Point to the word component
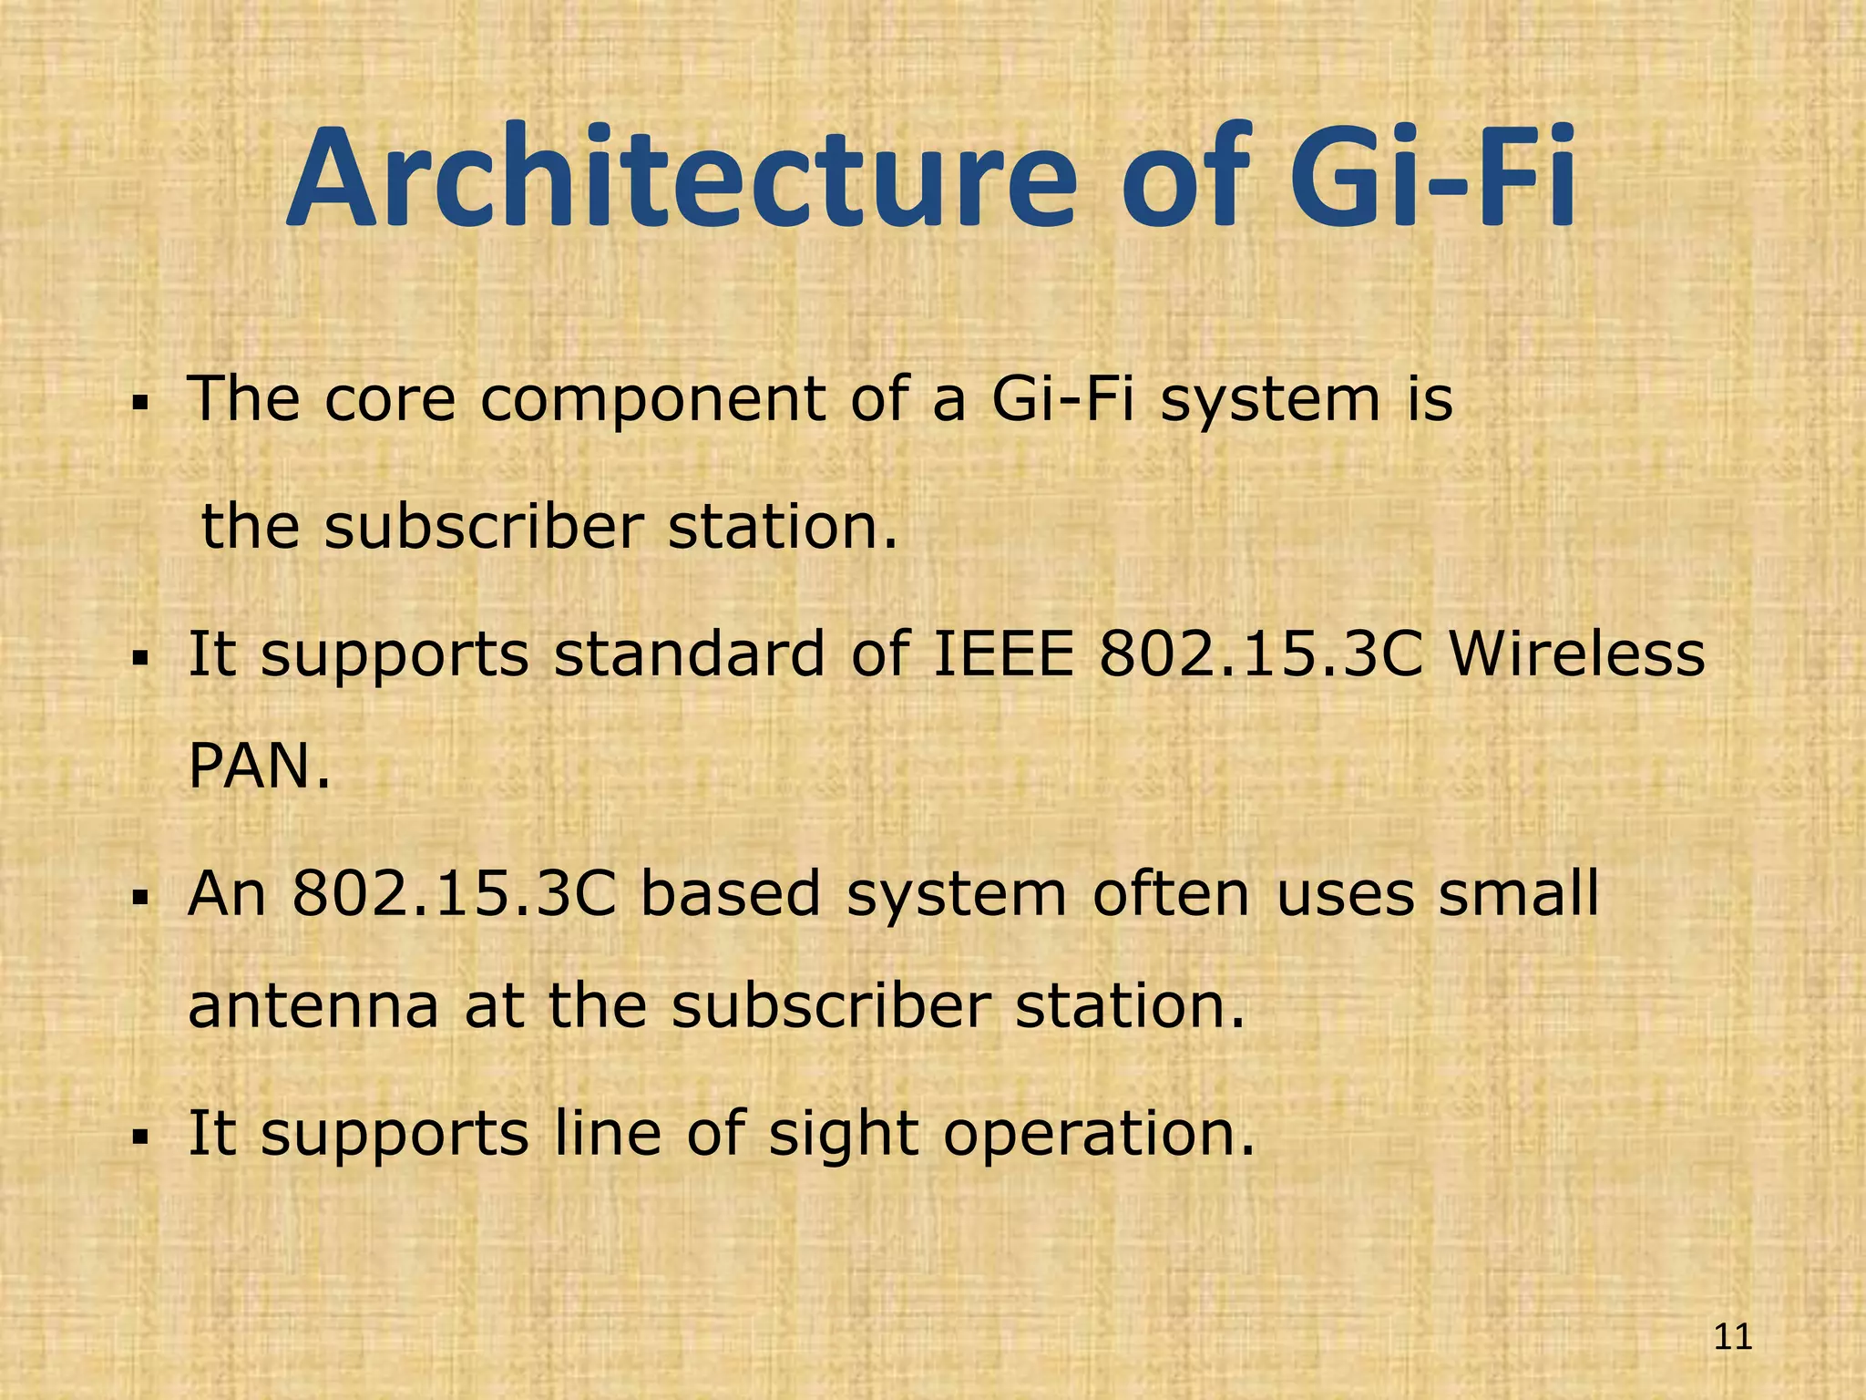point(652,401)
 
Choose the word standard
point(689,654)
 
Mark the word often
point(1171,893)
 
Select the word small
point(1518,893)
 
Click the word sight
point(844,1135)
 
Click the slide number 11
point(1733,1338)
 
